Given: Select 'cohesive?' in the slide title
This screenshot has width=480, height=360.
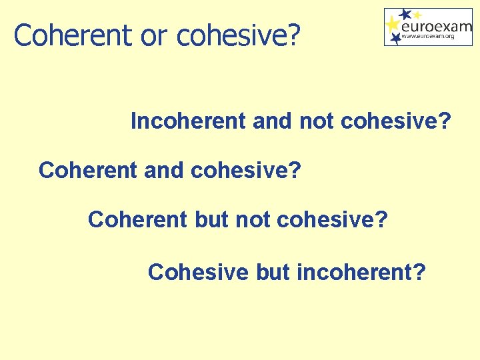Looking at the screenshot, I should click(x=237, y=35).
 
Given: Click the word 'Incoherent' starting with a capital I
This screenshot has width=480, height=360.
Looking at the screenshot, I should click(x=189, y=121).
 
